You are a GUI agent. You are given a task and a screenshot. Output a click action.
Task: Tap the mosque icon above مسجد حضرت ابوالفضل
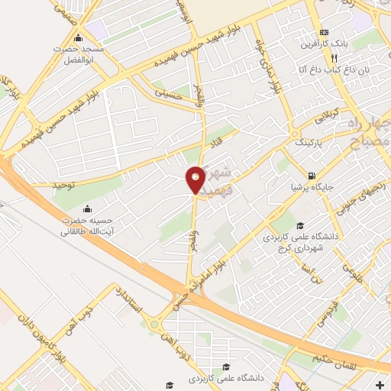[77, 38]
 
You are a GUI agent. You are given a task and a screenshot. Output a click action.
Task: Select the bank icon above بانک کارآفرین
[324, 32]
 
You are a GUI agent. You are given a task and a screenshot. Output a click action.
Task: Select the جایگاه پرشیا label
[310, 186]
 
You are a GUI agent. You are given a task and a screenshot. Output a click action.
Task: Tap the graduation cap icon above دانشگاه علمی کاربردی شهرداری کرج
[300, 225]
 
